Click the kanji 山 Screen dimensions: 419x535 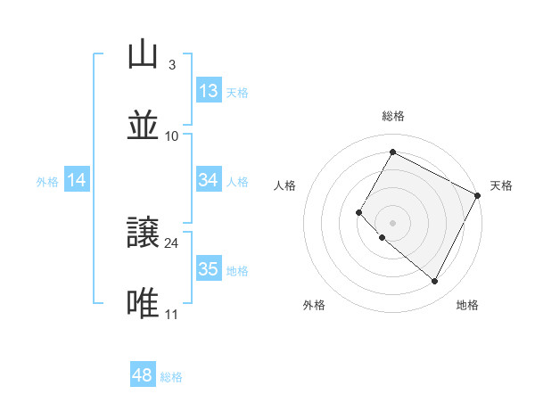144,55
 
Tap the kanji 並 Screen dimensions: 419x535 144,126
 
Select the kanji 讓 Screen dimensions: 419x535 144,233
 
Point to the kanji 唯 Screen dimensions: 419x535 144,304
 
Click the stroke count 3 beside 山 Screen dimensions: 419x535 171,65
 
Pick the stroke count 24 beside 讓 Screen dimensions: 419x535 172,242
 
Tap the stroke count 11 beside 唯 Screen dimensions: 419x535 172,314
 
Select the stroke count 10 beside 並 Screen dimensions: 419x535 172,136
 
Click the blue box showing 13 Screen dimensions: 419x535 208,91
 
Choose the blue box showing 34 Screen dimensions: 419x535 208,180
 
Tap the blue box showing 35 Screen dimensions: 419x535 208,269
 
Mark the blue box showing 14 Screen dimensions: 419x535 77,180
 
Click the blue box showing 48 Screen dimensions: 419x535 143,375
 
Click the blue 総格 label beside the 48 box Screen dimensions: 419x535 171,377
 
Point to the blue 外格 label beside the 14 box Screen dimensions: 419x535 47,182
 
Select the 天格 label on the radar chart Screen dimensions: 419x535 501,185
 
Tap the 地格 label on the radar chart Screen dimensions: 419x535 467,305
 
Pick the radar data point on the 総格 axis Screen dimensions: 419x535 392,152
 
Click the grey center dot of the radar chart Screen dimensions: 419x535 392,222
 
